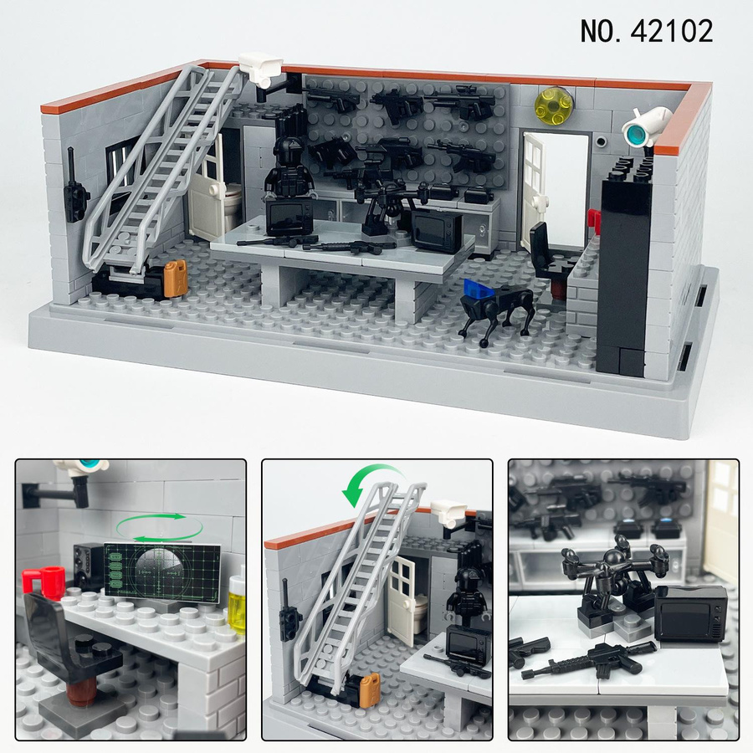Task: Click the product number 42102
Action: point(671,32)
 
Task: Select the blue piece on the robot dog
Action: point(479,289)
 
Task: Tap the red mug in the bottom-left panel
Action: point(44,582)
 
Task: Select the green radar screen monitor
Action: point(161,573)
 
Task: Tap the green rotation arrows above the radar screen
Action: point(160,528)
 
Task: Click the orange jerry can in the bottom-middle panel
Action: point(369,690)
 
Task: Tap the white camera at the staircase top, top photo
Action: point(261,69)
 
